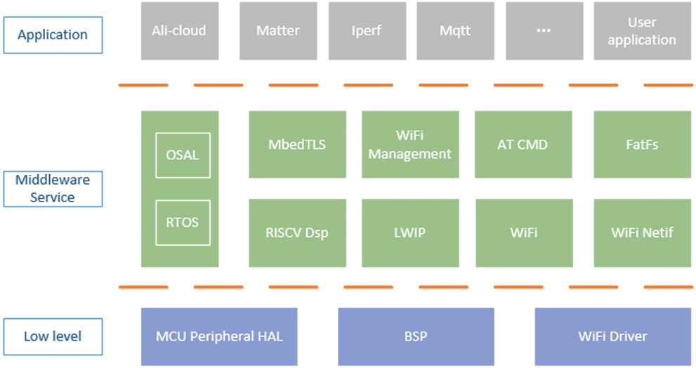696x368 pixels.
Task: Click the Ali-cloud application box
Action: click(x=179, y=31)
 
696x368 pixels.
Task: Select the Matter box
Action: click(x=277, y=31)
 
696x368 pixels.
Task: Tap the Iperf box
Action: click(x=366, y=31)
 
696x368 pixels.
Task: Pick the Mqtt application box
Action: click(x=454, y=31)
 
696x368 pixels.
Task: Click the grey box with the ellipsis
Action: click(x=543, y=31)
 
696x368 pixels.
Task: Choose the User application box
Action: click(x=642, y=31)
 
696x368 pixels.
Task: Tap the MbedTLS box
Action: click(x=297, y=144)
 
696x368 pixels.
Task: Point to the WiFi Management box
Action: click(x=410, y=144)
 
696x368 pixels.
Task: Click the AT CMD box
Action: click(x=522, y=144)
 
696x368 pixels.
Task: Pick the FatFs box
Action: click(x=642, y=144)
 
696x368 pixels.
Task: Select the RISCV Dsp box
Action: click(x=297, y=232)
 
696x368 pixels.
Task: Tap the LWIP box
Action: click(x=410, y=232)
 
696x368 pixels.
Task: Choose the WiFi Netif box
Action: click(x=642, y=232)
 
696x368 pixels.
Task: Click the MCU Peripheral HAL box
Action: click(x=219, y=336)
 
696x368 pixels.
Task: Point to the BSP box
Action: click(x=416, y=336)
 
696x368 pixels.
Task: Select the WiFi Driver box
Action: click(x=612, y=336)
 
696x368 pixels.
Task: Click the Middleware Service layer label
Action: click(x=53, y=189)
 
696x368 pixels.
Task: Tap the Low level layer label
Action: click(x=53, y=336)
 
